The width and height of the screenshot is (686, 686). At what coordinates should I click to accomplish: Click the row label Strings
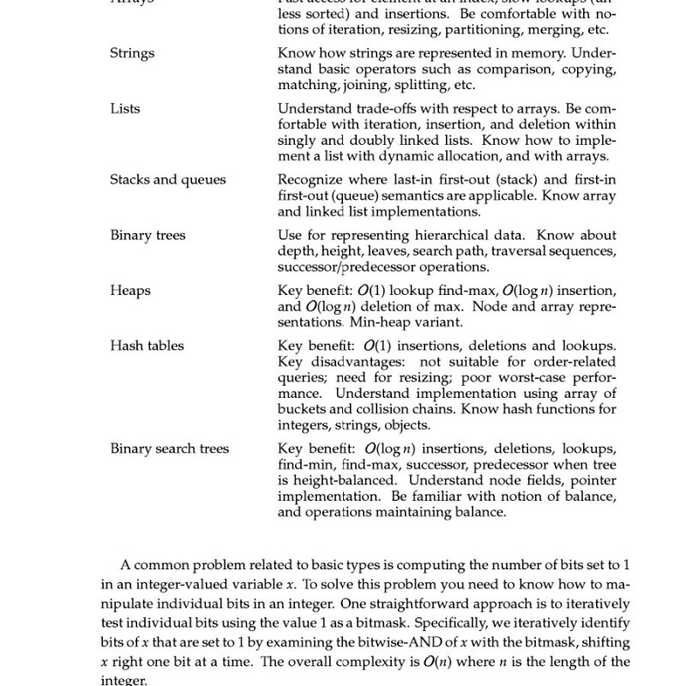click(x=132, y=53)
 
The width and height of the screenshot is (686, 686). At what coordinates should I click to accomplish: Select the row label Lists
click(x=125, y=109)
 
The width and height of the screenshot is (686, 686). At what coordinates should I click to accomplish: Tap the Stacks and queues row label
click(x=167, y=179)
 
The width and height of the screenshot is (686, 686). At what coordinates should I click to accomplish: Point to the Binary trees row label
click(x=147, y=235)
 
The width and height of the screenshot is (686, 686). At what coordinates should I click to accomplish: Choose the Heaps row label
click(x=130, y=291)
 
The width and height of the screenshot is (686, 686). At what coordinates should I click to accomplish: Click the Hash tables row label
click(x=147, y=346)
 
